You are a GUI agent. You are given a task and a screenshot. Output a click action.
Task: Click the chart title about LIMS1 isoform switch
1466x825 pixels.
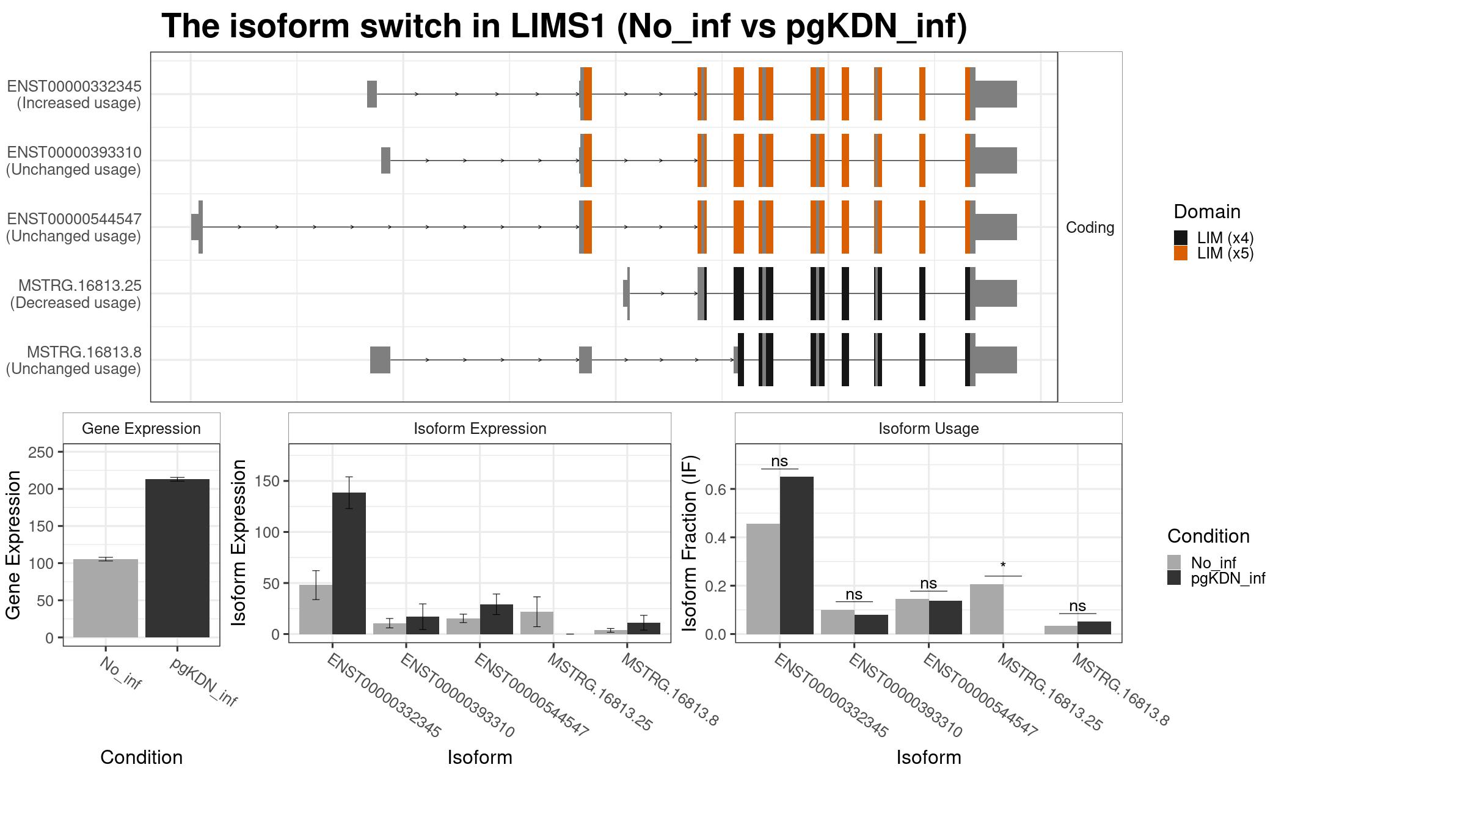point(564,26)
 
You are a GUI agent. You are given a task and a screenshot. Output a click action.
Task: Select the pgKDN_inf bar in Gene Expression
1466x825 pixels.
point(177,558)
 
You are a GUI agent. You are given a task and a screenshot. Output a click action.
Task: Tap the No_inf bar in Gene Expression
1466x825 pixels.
point(106,598)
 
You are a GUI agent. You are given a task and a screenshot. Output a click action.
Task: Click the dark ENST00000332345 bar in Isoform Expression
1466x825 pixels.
point(349,563)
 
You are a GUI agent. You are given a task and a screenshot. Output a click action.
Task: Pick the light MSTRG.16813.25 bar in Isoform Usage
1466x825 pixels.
point(986,609)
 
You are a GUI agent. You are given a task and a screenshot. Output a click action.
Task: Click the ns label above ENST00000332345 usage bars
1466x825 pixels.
point(779,461)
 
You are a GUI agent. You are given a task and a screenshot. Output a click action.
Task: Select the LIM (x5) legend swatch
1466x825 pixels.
point(1181,254)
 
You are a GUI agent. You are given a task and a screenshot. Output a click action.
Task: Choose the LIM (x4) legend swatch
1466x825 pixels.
point(1181,238)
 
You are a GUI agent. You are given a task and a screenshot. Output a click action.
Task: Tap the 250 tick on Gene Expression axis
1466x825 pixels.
point(41,452)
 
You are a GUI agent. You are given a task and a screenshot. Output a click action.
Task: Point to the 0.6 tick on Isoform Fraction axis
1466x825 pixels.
point(717,490)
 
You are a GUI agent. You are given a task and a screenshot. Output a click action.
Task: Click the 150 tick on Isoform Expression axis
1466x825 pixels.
point(267,482)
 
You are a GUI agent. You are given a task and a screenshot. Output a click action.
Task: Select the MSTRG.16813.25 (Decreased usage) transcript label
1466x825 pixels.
point(75,294)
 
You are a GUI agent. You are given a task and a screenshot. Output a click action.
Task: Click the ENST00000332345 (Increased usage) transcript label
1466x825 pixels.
point(74,94)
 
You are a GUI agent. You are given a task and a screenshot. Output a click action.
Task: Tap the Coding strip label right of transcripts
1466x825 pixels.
point(1090,227)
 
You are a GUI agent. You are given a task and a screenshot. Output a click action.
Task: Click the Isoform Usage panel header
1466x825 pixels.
point(928,428)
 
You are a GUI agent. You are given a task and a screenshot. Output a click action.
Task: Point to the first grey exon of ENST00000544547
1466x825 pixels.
point(197,227)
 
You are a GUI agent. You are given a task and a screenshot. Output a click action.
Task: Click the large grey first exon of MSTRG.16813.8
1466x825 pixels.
point(380,360)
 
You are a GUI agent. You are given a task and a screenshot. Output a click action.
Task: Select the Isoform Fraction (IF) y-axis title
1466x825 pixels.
point(690,543)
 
